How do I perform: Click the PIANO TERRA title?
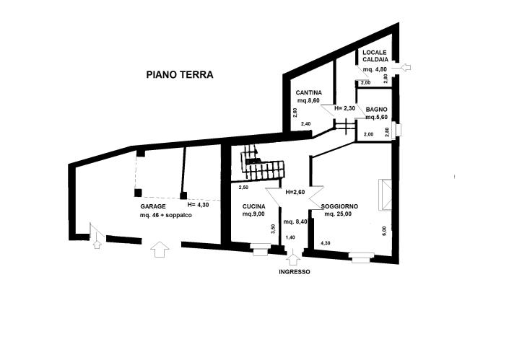[180, 74]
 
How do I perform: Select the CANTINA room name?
[308, 92]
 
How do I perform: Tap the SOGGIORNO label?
[341, 206]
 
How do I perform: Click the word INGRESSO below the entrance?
[294, 272]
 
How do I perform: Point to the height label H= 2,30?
[344, 108]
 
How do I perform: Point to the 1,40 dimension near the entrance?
[290, 237]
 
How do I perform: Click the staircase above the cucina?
[258, 164]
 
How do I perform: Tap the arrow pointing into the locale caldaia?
[406, 68]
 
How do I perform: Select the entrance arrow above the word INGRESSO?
[293, 258]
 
